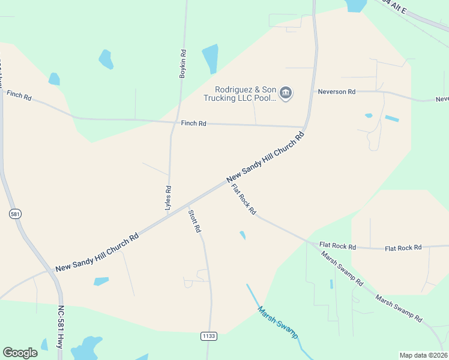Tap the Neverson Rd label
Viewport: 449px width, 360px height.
coord(337,92)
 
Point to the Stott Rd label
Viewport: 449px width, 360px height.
coord(194,221)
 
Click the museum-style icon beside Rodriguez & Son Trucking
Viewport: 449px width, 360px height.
coord(286,92)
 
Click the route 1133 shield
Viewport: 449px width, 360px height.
coord(208,337)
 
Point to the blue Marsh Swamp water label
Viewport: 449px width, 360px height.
coord(278,323)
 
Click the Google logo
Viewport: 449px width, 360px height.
coord(20,352)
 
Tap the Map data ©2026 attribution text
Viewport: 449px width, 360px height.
coord(423,355)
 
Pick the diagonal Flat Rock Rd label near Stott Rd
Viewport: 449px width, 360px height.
coord(244,199)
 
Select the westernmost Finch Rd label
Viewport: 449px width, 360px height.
coord(19,95)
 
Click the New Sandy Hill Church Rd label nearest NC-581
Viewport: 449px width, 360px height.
coord(97,251)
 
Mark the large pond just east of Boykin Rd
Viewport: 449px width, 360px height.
coord(210,58)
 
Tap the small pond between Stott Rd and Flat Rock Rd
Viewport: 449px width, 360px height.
coord(243,235)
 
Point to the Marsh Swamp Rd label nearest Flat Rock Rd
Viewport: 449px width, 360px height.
coord(342,268)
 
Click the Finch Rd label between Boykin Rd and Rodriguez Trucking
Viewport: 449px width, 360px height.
coord(194,123)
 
